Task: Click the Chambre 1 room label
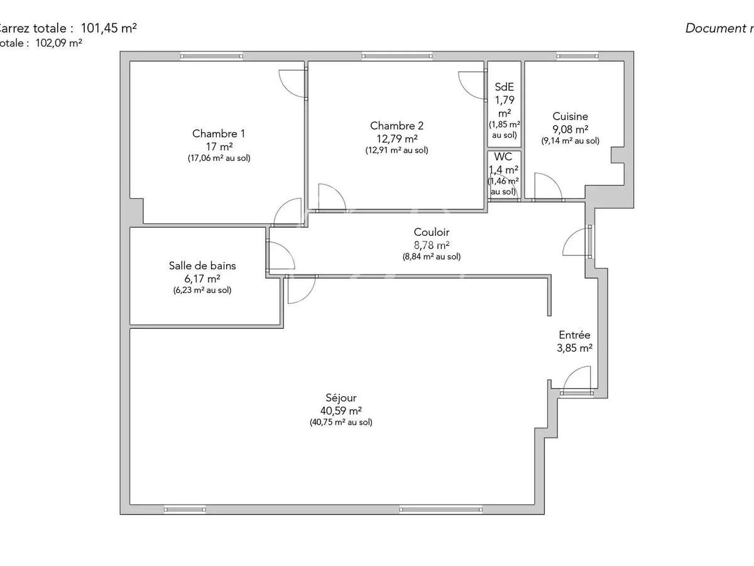pyautogui.click(x=218, y=133)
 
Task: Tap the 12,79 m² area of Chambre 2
pyautogui.click(x=393, y=138)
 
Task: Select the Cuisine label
pyautogui.click(x=570, y=116)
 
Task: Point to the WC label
pyautogui.click(x=503, y=157)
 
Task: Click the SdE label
pyautogui.click(x=504, y=87)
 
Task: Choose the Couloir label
pyautogui.click(x=431, y=233)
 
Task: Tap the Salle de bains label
pyautogui.click(x=202, y=266)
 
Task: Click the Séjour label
pyautogui.click(x=341, y=398)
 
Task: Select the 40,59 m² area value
pyautogui.click(x=341, y=410)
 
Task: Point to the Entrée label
pyautogui.click(x=574, y=336)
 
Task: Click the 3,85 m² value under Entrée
pyautogui.click(x=574, y=348)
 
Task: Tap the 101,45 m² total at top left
pyautogui.click(x=109, y=28)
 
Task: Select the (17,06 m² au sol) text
pyautogui.click(x=218, y=158)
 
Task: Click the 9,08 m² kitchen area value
pyautogui.click(x=570, y=129)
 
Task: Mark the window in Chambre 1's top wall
pyautogui.click(x=210, y=56)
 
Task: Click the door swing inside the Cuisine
pyautogui.click(x=547, y=186)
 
